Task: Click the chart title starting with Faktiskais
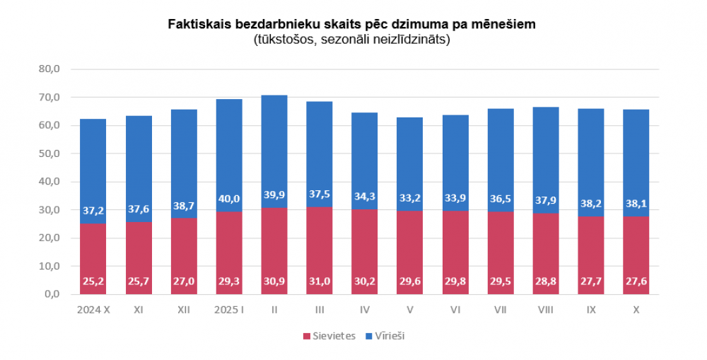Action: [x=351, y=25]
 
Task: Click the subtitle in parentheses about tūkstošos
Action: [x=351, y=40]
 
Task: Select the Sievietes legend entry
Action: [x=329, y=336]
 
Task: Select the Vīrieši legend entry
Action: [x=385, y=336]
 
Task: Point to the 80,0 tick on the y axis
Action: [x=54, y=69]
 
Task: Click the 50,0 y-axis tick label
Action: [x=54, y=153]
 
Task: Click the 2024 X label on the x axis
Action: [x=93, y=310]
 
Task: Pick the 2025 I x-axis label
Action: [x=229, y=310]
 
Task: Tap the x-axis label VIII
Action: [x=545, y=310]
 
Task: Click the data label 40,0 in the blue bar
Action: [x=229, y=199]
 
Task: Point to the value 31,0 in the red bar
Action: [x=320, y=281]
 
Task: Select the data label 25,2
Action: [x=93, y=281]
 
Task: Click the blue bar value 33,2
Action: [x=411, y=199]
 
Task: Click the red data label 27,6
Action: [x=636, y=281]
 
